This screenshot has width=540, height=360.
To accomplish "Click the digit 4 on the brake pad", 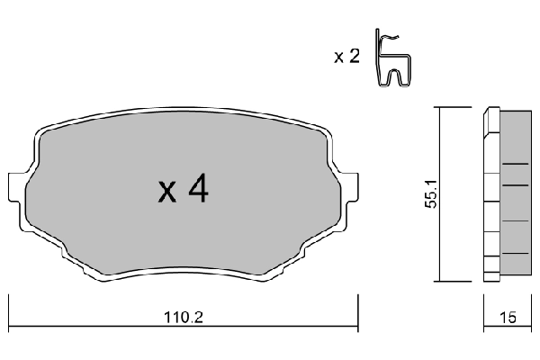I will point(198,189).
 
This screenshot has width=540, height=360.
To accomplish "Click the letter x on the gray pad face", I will point(166,192).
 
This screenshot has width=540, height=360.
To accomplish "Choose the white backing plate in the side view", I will point(490,193).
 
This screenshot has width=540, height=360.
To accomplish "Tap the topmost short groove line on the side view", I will point(514,164).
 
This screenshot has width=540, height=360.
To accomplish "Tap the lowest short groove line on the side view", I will point(514,254).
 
